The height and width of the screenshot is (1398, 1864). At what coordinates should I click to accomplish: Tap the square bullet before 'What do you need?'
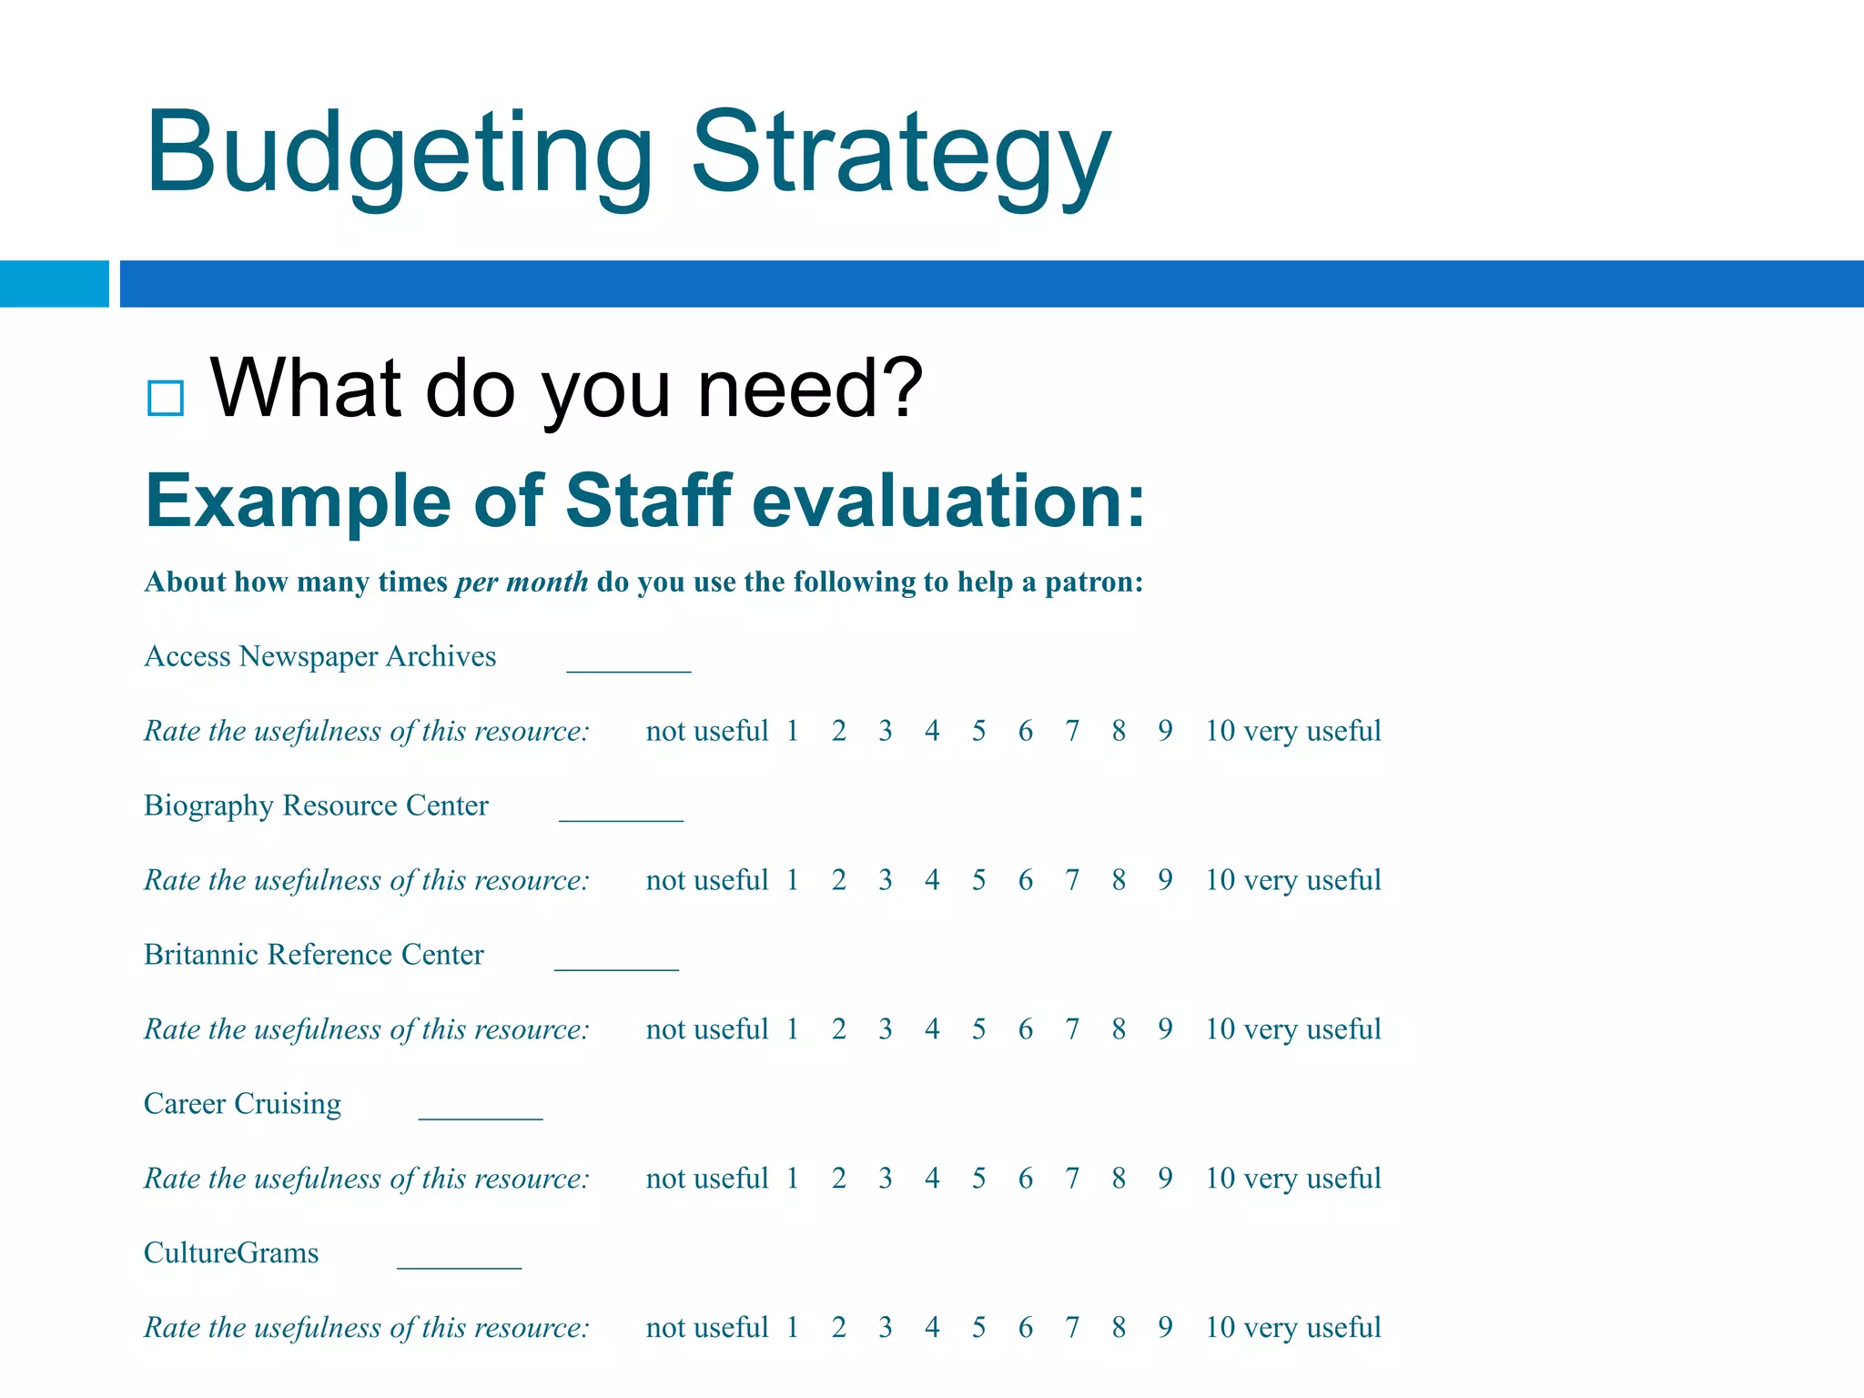[166, 398]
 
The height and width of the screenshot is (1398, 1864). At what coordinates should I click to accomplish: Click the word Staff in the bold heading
[648, 501]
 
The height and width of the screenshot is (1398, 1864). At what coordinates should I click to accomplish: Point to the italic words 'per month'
[522, 582]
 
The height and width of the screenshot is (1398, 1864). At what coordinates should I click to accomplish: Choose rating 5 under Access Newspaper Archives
[978, 731]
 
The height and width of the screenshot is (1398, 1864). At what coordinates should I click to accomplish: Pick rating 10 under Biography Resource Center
[1220, 880]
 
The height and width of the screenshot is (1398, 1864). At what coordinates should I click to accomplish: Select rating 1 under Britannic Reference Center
[793, 1029]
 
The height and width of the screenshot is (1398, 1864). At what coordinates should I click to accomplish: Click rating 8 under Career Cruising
[1119, 1179]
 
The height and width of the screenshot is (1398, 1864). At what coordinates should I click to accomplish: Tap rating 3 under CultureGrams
[886, 1328]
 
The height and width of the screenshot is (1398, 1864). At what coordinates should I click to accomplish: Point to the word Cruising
[288, 1104]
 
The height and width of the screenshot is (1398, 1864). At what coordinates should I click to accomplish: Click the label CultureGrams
[231, 1253]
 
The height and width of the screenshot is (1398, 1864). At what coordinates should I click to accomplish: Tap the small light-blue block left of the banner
[54, 284]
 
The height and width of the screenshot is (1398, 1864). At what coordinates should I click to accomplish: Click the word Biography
[208, 806]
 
